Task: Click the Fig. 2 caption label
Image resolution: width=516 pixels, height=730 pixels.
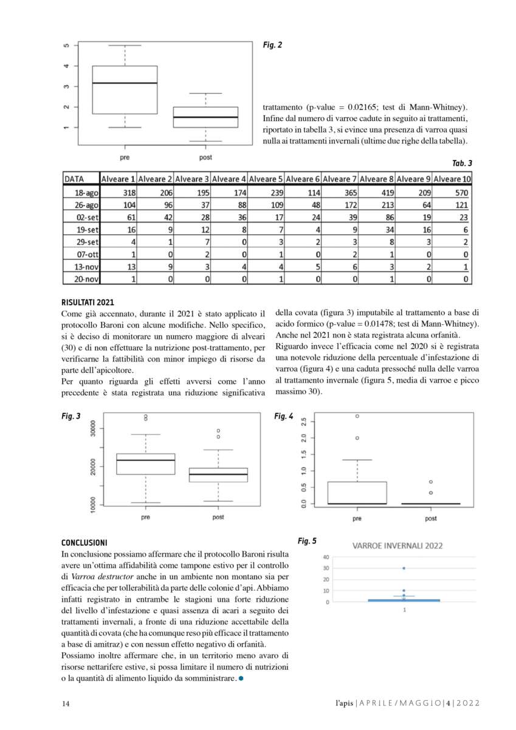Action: click(x=272, y=45)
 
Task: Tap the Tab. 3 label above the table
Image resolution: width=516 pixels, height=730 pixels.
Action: click(x=462, y=163)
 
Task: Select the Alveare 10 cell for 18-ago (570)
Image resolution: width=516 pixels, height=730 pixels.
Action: click(x=461, y=192)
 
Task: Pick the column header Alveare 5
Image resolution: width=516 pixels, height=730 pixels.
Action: click(x=266, y=179)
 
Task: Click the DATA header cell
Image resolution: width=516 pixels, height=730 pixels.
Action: click(x=74, y=179)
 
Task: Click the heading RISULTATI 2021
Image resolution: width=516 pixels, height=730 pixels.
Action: click(x=88, y=302)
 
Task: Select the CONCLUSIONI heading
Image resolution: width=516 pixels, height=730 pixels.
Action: click(x=84, y=542)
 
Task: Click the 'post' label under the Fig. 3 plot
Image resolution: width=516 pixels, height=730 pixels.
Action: click(x=218, y=517)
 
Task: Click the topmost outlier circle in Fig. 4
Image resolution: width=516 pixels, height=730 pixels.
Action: click(x=357, y=416)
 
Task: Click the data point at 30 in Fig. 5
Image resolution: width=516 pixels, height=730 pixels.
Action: click(x=404, y=568)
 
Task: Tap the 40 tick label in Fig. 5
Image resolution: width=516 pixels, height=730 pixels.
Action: click(x=326, y=557)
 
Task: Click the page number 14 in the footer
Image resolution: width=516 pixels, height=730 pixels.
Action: click(x=66, y=704)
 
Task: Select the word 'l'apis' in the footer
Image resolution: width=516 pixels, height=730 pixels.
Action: click(x=344, y=704)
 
